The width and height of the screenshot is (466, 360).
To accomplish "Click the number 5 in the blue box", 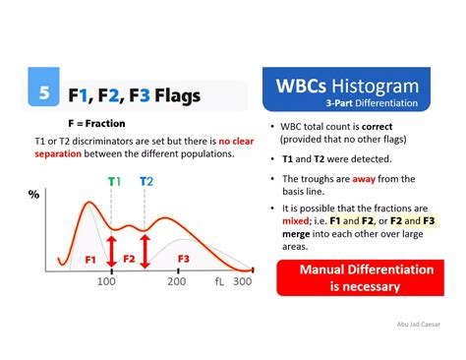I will tap(43, 94).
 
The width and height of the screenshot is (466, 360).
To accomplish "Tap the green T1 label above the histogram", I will tap(114, 181).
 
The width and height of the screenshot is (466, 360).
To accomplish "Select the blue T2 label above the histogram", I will tap(146, 181).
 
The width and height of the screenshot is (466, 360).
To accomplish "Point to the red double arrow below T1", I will tap(112, 251).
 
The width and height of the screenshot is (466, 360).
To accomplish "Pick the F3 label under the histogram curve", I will tap(183, 259).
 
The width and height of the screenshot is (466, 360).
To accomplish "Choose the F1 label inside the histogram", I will tap(90, 260).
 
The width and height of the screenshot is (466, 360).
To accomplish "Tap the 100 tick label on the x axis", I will tap(106, 282).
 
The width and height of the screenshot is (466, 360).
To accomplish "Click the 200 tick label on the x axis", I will tap(176, 282).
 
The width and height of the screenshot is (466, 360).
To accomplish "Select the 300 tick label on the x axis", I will tap(243, 282).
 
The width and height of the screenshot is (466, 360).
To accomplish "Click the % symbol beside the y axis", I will tap(33, 194).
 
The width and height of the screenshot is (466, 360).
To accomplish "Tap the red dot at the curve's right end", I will tap(254, 270).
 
